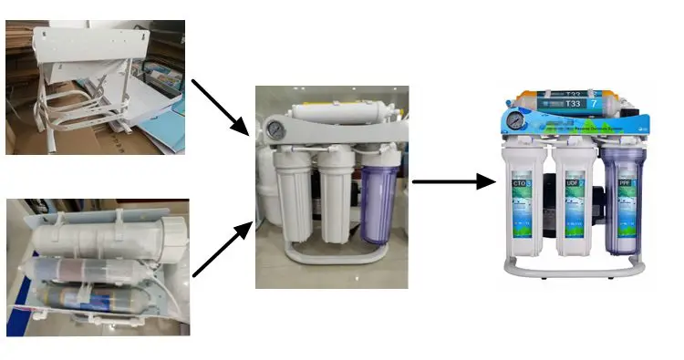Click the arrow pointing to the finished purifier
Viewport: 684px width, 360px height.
(453, 181)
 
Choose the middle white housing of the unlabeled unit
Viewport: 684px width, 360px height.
(334, 196)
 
